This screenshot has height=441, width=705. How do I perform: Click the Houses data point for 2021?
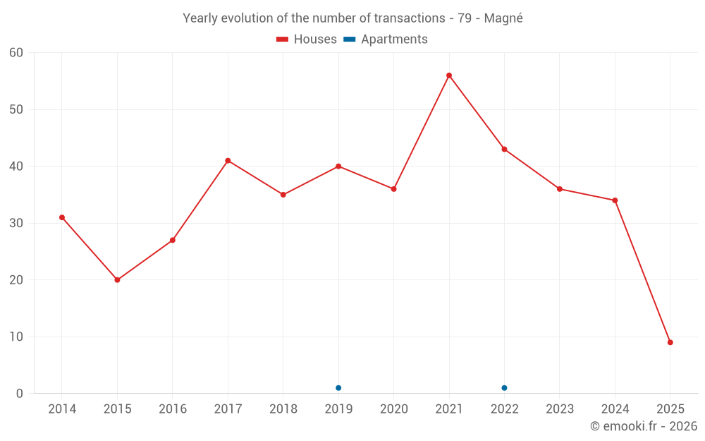pyautogui.click(x=449, y=75)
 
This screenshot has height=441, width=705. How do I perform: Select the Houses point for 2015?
pyautogui.click(x=117, y=280)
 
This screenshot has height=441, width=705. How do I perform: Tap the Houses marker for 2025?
pyautogui.click(x=670, y=342)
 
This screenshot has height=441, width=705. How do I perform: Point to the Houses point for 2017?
pyautogui.click(x=228, y=161)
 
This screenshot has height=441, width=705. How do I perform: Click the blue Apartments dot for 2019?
pyautogui.click(x=338, y=388)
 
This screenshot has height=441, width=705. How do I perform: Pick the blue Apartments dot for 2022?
pyautogui.click(x=504, y=388)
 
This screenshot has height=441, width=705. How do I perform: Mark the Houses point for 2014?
pyautogui.click(x=62, y=217)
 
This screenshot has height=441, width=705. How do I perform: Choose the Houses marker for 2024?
pyautogui.click(x=615, y=200)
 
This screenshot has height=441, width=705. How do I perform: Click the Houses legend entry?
pyautogui.click(x=307, y=40)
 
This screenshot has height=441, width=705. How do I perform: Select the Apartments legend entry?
pyautogui.click(x=386, y=40)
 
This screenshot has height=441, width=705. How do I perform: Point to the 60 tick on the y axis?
pyautogui.click(x=16, y=52)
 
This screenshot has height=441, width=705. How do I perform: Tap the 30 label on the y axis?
pyautogui.click(x=16, y=223)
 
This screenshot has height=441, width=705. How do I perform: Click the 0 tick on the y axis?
pyautogui.click(x=20, y=394)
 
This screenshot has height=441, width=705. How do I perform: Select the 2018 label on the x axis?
pyautogui.click(x=283, y=409)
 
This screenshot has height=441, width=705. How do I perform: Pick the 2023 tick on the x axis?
pyautogui.click(x=560, y=409)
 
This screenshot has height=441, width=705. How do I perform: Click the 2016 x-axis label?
pyautogui.click(x=173, y=409)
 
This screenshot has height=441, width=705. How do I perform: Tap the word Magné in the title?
pyautogui.click(x=503, y=18)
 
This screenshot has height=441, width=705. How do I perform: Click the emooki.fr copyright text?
pyautogui.click(x=643, y=426)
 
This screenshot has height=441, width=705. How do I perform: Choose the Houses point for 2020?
pyautogui.click(x=393, y=189)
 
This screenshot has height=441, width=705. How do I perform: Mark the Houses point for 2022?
pyautogui.click(x=504, y=149)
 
